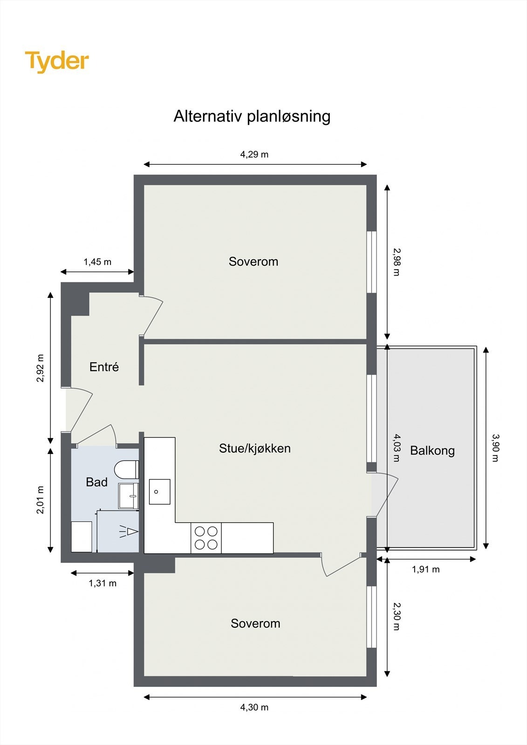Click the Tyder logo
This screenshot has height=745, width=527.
(x=57, y=61)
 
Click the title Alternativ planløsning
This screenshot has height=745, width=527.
(x=252, y=116)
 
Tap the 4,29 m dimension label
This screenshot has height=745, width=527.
(x=254, y=154)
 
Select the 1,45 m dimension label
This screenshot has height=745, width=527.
(x=97, y=262)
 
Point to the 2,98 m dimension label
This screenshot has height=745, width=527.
(x=396, y=262)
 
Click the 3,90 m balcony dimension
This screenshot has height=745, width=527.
(x=495, y=447)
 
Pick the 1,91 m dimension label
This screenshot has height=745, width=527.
(x=425, y=569)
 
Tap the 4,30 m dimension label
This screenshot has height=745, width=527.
(x=254, y=707)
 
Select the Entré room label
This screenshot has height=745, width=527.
(x=104, y=367)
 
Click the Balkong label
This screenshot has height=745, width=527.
(x=432, y=450)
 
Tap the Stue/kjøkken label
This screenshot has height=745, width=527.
(x=254, y=448)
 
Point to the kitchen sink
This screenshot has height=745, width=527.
(x=159, y=492)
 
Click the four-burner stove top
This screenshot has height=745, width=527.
(x=206, y=538)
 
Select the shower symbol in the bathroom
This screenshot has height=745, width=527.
(x=129, y=531)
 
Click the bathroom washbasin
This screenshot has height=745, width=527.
(x=129, y=496)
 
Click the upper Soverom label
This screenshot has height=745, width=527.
(x=253, y=262)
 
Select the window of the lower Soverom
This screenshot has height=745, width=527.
(x=371, y=616)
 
